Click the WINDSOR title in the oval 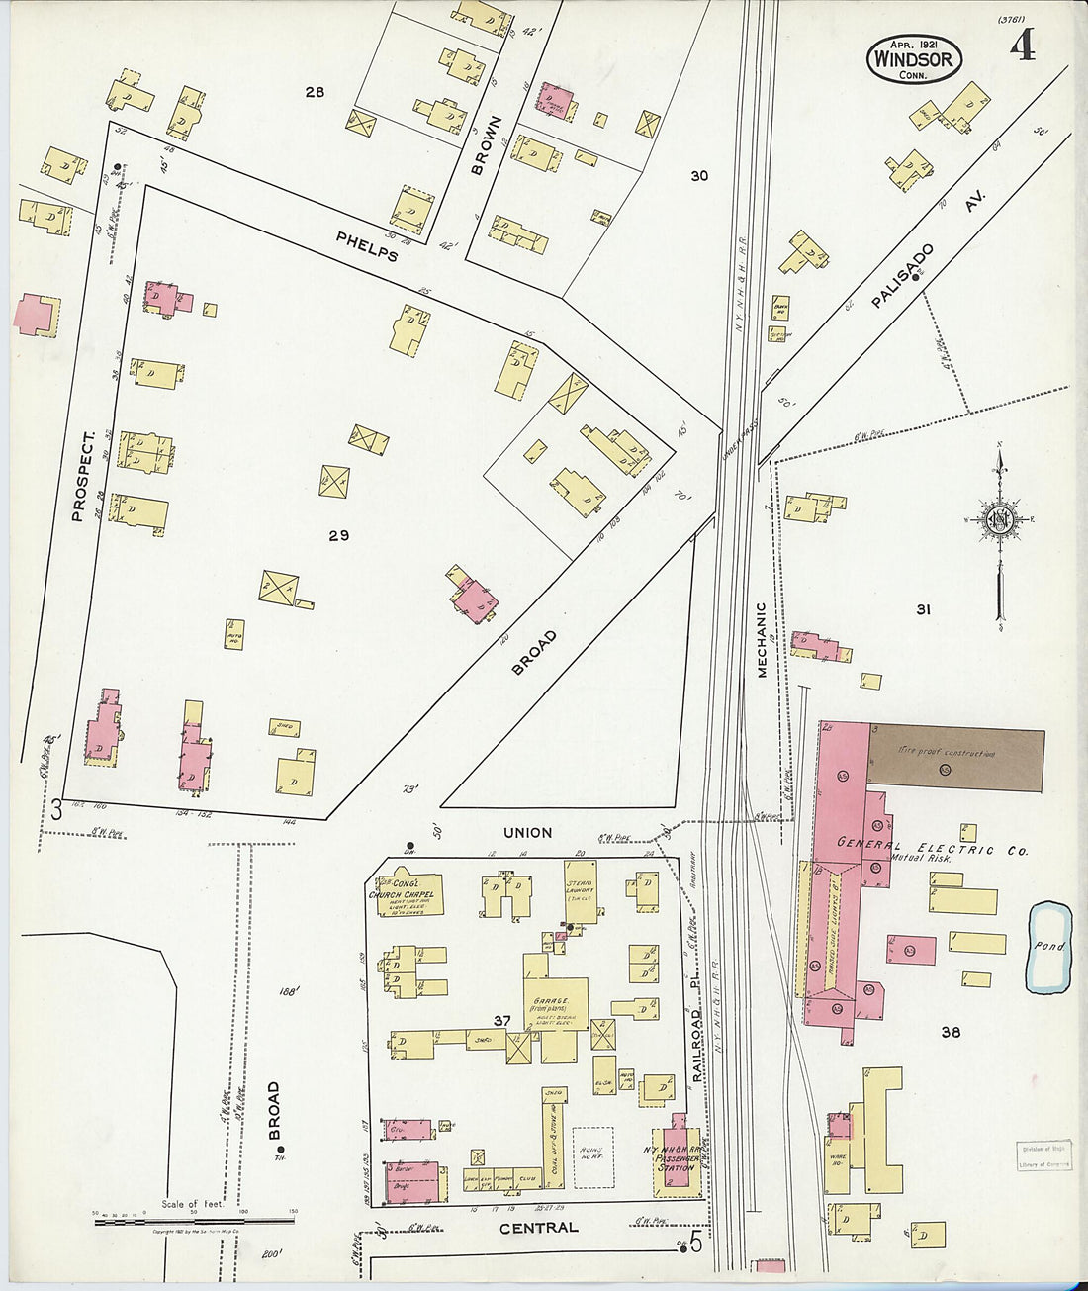click(x=914, y=59)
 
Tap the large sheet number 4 click(x=1023, y=45)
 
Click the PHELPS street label click(x=367, y=245)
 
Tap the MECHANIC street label click(x=762, y=640)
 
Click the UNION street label click(x=527, y=833)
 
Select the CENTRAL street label click(x=538, y=1228)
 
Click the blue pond click(x=1049, y=947)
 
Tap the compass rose click(x=999, y=520)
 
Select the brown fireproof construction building click(x=955, y=760)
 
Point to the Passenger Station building click(x=678, y=1155)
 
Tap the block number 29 click(x=339, y=535)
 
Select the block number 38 click(x=951, y=1032)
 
